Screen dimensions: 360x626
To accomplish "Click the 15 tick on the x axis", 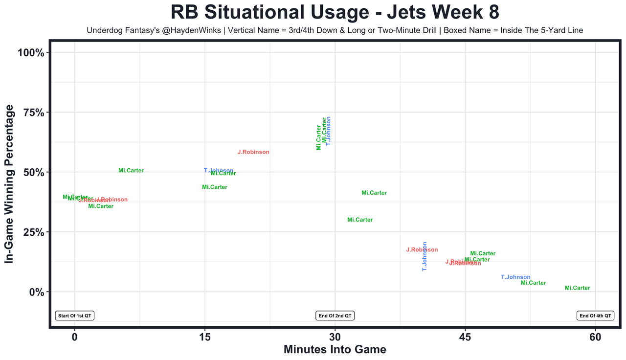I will click(x=204, y=337).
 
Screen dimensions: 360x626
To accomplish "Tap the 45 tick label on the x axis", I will click(x=465, y=337).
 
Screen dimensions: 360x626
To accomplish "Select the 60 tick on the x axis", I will click(x=595, y=337).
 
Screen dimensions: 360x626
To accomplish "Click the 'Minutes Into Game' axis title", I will click(x=335, y=350).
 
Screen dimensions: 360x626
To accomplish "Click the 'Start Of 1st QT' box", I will click(x=75, y=316).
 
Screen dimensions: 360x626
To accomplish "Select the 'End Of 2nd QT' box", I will click(x=335, y=316).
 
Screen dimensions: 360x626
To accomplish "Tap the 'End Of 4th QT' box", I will click(x=595, y=316).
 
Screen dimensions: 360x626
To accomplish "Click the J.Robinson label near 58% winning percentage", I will click(x=253, y=152).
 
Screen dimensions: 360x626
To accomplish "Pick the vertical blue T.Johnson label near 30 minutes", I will click(x=329, y=131).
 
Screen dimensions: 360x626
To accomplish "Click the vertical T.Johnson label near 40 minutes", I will click(x=425, y=257).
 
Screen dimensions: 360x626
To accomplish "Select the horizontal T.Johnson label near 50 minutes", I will click(x=515, y=277).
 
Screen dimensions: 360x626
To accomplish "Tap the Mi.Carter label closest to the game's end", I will click(x=578, y=288).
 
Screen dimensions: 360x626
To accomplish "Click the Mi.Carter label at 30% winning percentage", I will click(x=360, y=220).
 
